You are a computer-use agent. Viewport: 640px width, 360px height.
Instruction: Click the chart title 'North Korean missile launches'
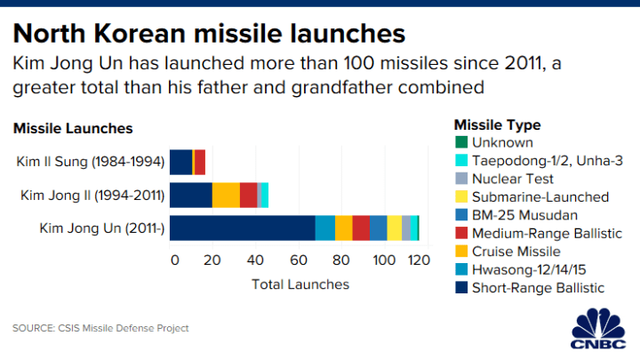(209, 33)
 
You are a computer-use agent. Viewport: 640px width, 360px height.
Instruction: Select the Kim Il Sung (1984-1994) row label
(89, 162)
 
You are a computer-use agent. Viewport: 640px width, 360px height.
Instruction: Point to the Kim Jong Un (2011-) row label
(102, 228)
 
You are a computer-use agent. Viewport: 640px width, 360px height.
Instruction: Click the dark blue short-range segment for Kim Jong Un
(242, 228)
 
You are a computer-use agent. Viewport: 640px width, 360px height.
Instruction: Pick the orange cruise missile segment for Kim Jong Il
(226, 195)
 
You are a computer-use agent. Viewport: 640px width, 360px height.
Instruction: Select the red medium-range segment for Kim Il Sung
(200, 162)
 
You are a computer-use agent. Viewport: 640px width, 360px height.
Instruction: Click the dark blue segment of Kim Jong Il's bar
(190, 195)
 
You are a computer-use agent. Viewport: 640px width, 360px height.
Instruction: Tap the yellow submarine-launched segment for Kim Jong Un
(394, 228)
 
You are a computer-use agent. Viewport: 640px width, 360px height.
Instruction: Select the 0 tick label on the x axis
(174, 260)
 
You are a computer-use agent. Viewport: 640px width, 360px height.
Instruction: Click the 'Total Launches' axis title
(300, 284)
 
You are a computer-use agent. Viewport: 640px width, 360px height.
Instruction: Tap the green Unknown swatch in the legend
(460, 142)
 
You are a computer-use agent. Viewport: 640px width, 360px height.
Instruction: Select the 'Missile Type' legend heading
(497, 124)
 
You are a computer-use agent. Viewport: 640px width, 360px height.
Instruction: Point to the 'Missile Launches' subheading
(73, 128)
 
